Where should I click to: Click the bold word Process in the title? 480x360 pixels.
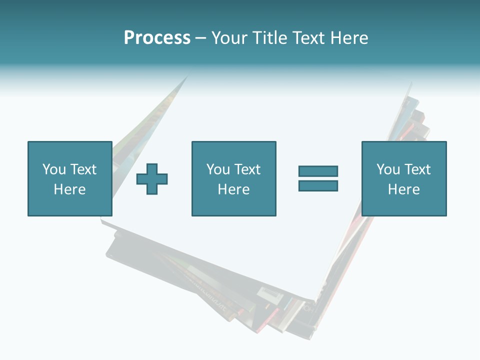pos(157,38)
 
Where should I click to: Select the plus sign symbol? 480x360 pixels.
pos(152,178)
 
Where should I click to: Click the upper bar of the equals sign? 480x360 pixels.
pos(318,171)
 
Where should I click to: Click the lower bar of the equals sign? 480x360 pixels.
pos(318,185)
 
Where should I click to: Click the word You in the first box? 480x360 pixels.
pos(54,169)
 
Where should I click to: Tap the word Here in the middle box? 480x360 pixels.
pos(233,189)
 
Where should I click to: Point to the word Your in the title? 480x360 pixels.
pos(229,38)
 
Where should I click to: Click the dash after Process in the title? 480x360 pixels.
pos(201,38)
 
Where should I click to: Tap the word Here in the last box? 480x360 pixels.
pos(403,189)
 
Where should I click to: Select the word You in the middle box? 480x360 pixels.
pos(218,169)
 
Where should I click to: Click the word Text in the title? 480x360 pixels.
pos(309,38)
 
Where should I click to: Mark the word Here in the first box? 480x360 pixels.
pos(69,189)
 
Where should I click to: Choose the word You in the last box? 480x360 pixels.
pos(388,169)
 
